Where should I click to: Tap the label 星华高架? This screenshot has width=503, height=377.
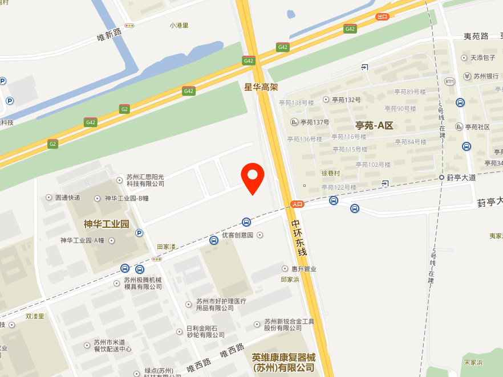261,87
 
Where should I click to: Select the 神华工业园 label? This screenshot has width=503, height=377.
106,223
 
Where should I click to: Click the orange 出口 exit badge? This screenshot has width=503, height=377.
382,17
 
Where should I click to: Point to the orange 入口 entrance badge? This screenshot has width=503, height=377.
297,203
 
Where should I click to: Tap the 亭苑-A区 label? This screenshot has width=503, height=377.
374,125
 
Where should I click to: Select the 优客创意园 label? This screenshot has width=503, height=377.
237,235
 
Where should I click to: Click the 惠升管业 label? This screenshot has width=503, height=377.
303,269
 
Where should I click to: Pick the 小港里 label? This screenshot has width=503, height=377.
179,25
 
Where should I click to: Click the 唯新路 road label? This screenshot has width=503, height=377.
109,35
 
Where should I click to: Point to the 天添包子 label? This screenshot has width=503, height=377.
482,58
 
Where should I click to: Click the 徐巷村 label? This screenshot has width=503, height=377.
331,173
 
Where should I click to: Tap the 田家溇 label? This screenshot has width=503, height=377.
167,247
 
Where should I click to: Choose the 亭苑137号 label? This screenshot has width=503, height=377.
315,122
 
